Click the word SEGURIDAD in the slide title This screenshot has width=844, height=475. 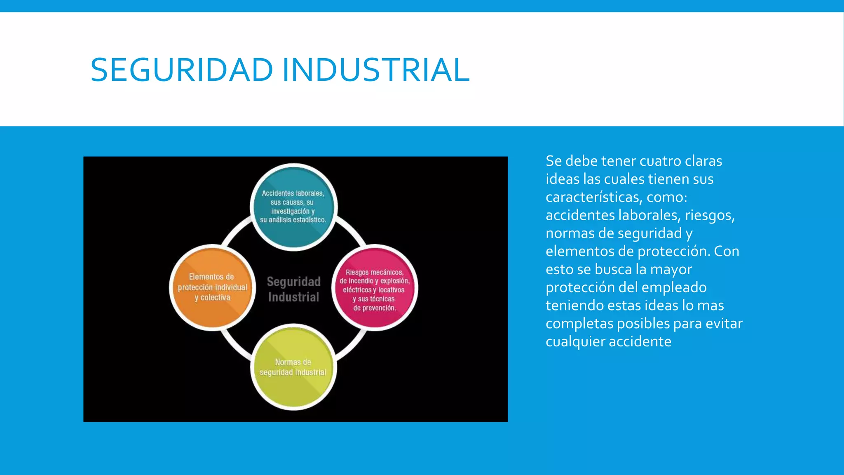tap(182, 70)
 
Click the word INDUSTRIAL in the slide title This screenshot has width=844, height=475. tap(376, 70)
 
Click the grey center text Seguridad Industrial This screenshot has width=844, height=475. tap(293, 289)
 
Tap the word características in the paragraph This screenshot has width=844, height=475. tap(593, 197)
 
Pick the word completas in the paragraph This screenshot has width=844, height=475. tap(579, 324)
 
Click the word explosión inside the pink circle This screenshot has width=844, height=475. tap(395, 281)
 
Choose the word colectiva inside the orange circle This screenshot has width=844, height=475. tap(216, 298)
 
